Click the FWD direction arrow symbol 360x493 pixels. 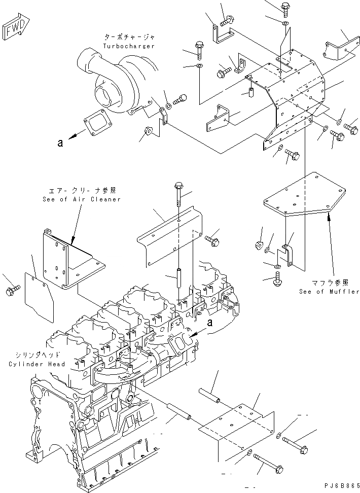(18, 29)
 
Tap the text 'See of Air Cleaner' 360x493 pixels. (82, 199)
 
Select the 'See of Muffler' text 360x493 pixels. (329, 292)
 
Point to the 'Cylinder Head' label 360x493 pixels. (37, 364)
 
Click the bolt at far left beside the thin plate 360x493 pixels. (13, 290)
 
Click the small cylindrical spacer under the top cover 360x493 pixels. (250, 93)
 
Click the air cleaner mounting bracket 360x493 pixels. (66, 264)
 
